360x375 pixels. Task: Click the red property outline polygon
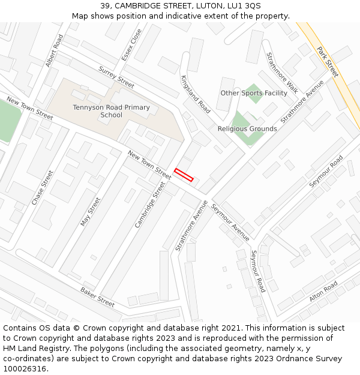coord(184,175)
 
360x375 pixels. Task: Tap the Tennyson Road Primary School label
coord(111,111)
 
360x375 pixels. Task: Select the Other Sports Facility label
coord(254,93)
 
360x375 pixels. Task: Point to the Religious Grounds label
coord(247,129)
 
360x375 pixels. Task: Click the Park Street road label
coord(328,62)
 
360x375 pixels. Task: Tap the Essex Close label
coord(131,44)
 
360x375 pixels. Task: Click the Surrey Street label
coord(116,77)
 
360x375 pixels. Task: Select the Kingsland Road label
coord(196,94)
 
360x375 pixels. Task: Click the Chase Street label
coord(43,188)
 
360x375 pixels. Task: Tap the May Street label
coord(91,212)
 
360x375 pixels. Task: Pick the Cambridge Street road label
coord(149,205)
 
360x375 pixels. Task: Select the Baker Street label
coord(97,296)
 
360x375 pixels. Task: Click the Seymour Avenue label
coord(230,223)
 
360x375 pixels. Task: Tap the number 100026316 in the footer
coord(24,368)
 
